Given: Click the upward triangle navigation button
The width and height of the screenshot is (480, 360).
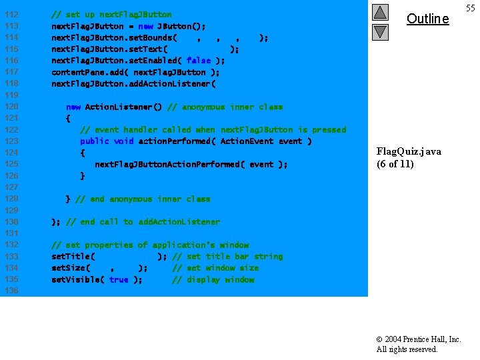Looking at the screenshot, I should (x=380, y=12).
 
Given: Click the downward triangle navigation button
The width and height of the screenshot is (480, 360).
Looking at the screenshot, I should (x=380, y=31).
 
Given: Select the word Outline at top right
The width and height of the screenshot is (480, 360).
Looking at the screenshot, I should (x=427, y=19).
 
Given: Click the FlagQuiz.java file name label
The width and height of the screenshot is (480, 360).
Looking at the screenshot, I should (x=409, y=151).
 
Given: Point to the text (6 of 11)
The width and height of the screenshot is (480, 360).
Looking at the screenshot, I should (x=395, y=164).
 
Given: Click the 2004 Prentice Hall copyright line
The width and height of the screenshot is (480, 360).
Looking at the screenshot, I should (x=419, y=339).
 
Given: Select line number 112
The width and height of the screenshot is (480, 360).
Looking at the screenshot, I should (x=11, y=15).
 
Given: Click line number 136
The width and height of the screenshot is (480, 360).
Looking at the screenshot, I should (x=11, y=291).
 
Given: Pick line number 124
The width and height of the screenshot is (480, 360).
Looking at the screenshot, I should (x=11, y=153).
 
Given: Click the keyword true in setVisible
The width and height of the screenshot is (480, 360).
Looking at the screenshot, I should (x=119, y=279).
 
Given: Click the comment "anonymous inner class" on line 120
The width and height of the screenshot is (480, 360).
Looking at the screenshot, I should (x=225, y=107).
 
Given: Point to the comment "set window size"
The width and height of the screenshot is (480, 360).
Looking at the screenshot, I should (x=215, y=268).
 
